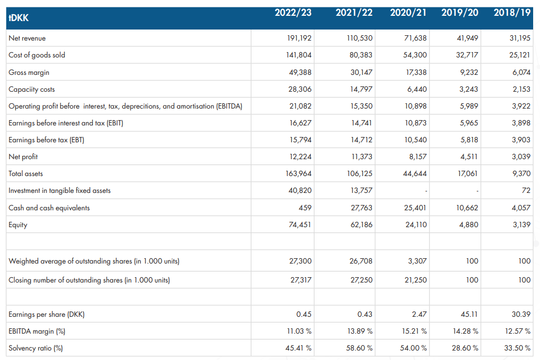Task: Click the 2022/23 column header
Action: tap(293, 13)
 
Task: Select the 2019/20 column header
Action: tap(460, 13)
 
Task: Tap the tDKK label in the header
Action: tap(18, 18)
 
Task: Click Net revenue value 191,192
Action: tap(299, 38)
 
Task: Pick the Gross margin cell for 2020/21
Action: tap(416, 72)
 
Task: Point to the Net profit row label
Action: tap(23, 157)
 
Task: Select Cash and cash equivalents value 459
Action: tap(305, 208)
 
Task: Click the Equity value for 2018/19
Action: tap(522, 225)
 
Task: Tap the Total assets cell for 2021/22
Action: tap(359, 173)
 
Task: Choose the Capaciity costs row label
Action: tap(32, 89)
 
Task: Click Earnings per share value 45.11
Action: tap(469, 314)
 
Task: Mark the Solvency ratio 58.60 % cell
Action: tap(359, 348)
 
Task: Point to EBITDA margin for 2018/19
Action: tap(518, 331)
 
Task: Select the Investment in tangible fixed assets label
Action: tap(60, 190)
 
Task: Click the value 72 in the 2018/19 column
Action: tap(526, 190)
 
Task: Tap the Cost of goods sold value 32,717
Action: tap(467, 55)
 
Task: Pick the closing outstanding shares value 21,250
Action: tap(416, 280)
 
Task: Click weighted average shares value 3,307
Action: tap(417, 261)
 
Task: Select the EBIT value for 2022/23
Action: tap(300, 123)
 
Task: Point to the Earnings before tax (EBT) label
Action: tap(46, 140)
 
